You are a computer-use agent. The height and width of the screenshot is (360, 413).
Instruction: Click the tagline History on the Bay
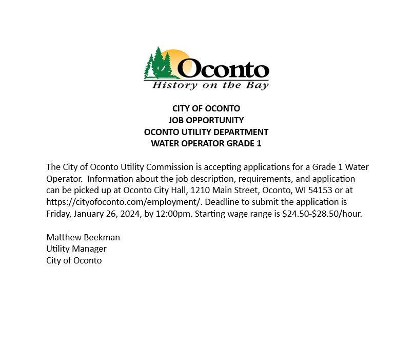[210, 85]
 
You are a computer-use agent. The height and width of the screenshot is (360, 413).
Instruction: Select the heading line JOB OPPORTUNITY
[206, 120]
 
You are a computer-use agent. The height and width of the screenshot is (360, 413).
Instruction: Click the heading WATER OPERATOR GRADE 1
[206, 143]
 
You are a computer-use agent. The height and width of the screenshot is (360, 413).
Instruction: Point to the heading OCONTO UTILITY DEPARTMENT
[206, 132]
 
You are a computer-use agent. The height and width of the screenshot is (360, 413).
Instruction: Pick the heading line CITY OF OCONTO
[206, 109]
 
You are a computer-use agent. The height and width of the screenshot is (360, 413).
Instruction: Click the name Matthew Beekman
[83, 237]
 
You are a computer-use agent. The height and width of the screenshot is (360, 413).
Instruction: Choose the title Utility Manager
[76, 249]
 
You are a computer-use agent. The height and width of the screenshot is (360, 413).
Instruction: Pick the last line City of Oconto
[74, 260]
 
